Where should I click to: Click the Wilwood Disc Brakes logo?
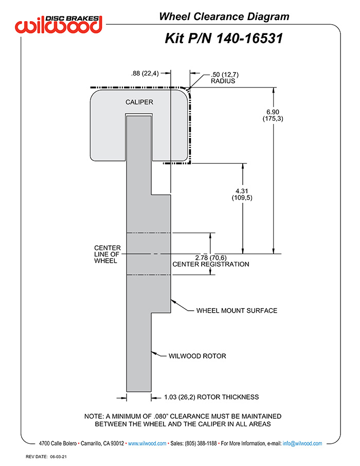coord(59,24)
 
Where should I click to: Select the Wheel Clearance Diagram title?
coord(224,16)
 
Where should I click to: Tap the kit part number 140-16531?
coord(249,39)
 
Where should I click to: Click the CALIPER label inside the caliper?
coord(139,102)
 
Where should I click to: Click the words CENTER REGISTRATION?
coord(211,264)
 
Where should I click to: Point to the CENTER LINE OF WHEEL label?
coord(107,255)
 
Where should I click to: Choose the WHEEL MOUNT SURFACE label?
coord(237,311)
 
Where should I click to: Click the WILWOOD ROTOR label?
coord(197,356)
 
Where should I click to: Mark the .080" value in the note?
coord(161,417)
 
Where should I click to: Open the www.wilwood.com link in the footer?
coord(147,443)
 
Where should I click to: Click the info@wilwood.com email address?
coord(302,443)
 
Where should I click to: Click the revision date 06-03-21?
coord(58,457)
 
